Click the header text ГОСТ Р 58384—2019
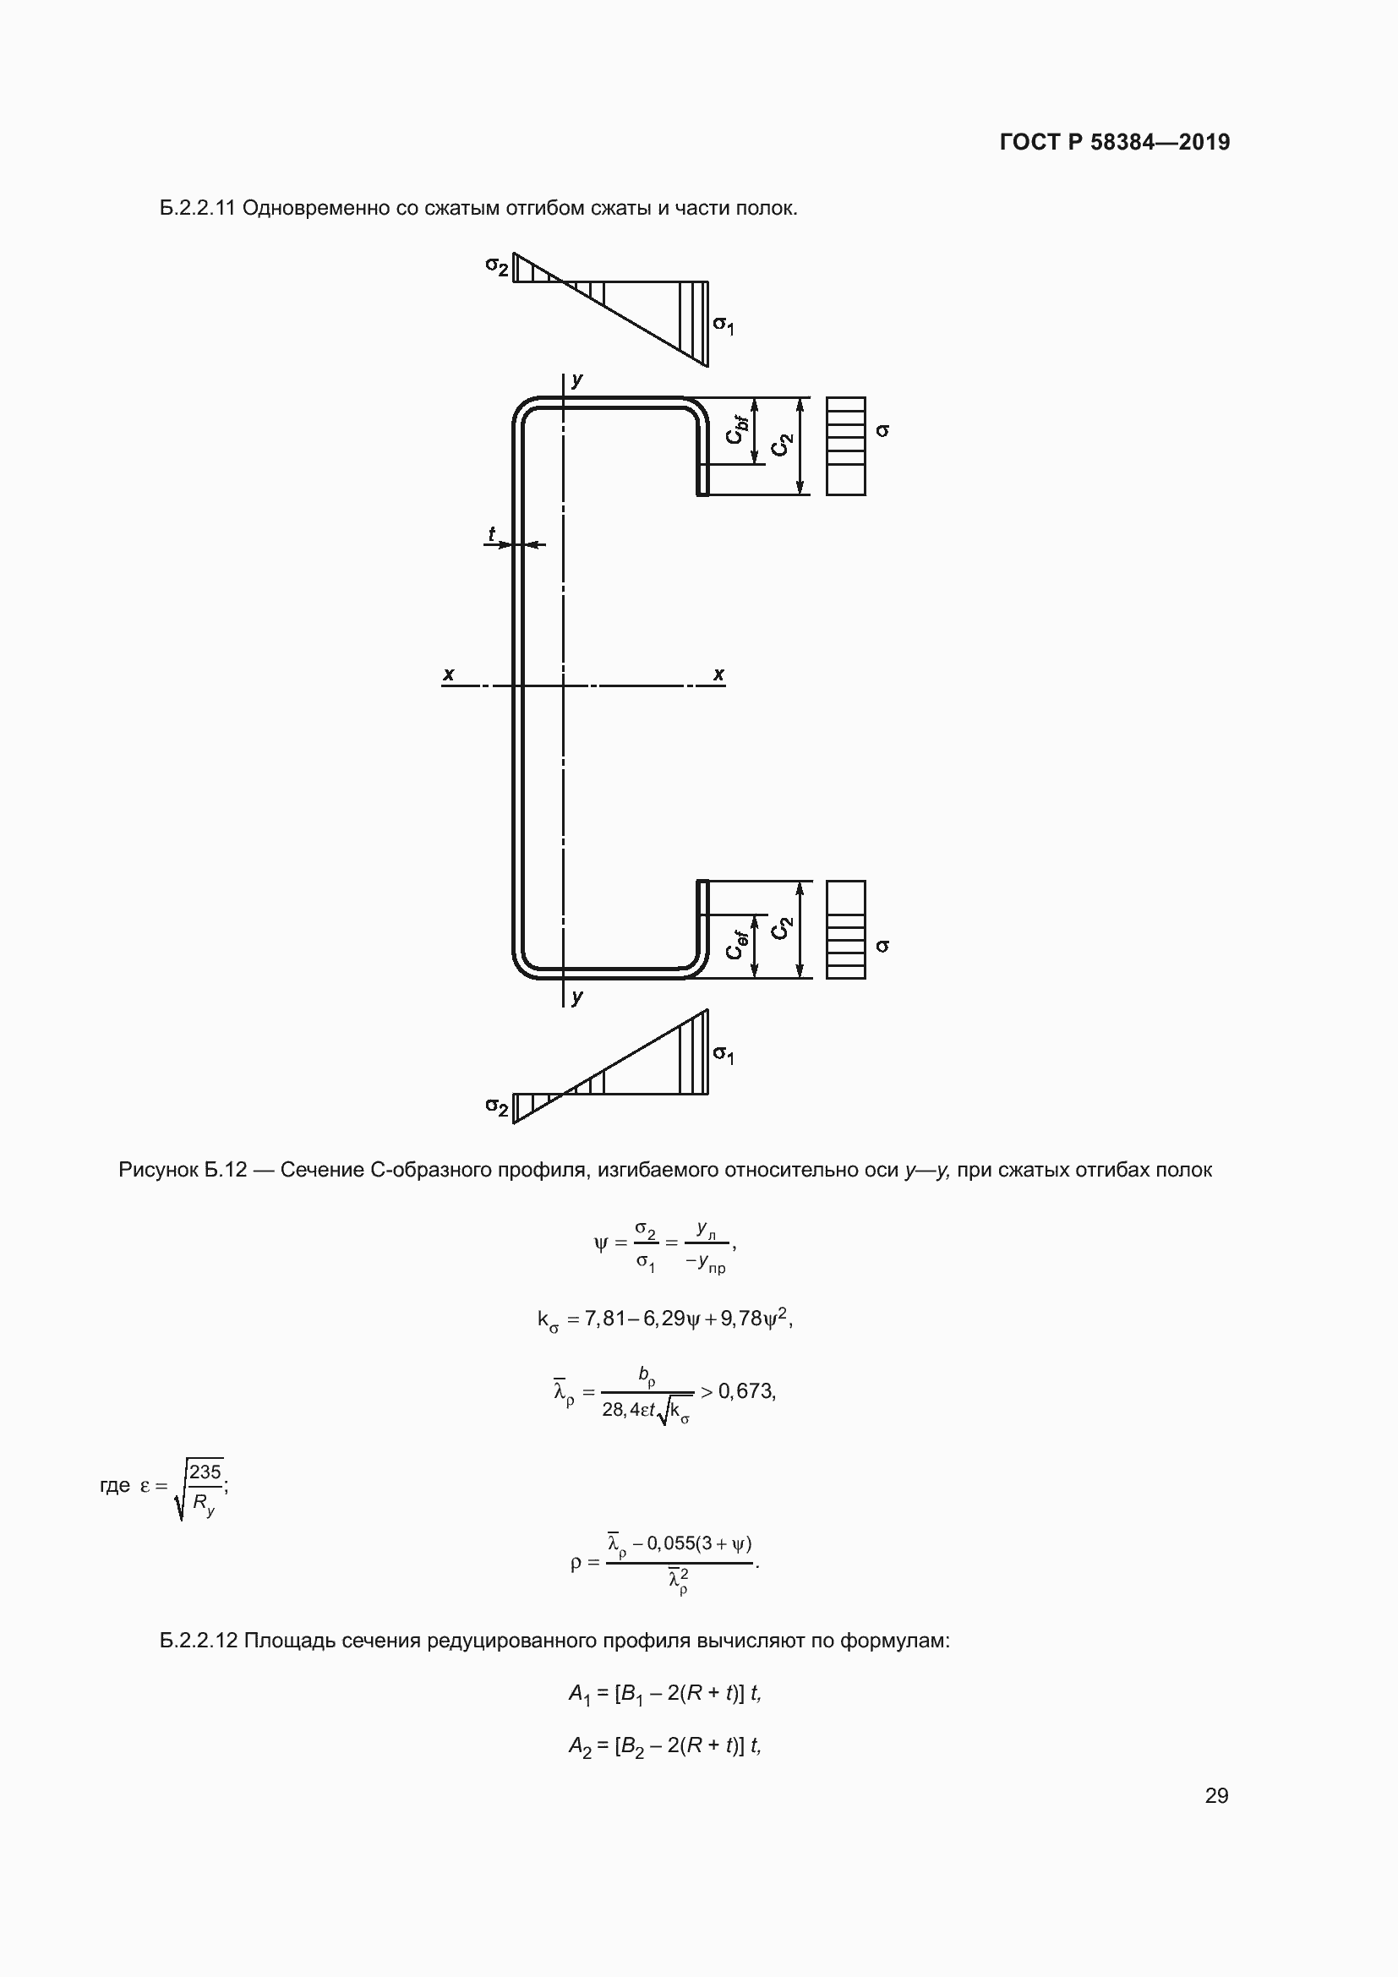click(x=1114, y=142)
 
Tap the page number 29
click(x=1216, y=1795)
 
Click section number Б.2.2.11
click(x=197, y=209)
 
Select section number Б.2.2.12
click(x=198, y=1641)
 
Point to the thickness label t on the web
click(x=492, y=534)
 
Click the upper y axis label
click(x=577, y=380)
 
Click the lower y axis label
click(x=577, y=997)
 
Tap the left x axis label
click(x=449, y=674)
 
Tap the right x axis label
click(x=718, y=674)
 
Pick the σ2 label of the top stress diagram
click(x=497, y=266)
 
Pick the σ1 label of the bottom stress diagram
click(x=724, y=1054)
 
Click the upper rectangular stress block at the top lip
click(x=845, y=446)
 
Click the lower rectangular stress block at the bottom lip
click(x=845, y=929)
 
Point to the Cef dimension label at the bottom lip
click(x=736, y=945)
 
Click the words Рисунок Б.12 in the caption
click(x=182, y=1170)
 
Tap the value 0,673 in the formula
click(x=745, y=1391)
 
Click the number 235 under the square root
click(x=205, y=1472)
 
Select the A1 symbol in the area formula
click(x=579, y=1695)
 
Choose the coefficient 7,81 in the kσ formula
click(x=605, y=1319)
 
